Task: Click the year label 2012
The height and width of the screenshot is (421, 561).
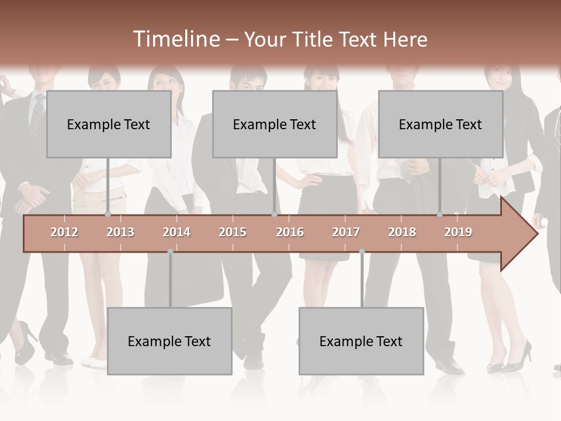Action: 64,232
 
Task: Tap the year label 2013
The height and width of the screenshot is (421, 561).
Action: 120,232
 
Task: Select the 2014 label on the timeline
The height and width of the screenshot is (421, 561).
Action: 176,232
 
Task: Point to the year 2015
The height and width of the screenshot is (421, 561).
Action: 233,232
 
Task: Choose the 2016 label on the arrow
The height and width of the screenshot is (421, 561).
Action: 290,232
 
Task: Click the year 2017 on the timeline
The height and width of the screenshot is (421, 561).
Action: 346,232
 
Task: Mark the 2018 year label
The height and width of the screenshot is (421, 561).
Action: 402,232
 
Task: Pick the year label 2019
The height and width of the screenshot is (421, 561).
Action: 458,232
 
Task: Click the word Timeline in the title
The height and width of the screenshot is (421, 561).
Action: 176,39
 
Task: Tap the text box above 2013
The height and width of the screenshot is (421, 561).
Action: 109,124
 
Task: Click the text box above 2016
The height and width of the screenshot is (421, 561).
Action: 275,124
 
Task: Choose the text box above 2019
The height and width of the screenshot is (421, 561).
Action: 441,124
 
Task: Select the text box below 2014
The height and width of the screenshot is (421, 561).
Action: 169,341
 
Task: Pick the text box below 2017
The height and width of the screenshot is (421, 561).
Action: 361,341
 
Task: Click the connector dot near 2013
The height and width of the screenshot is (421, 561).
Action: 108,215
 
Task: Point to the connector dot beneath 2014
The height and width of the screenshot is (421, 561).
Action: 170,251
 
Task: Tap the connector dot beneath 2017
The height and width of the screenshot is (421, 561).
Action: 362,251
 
